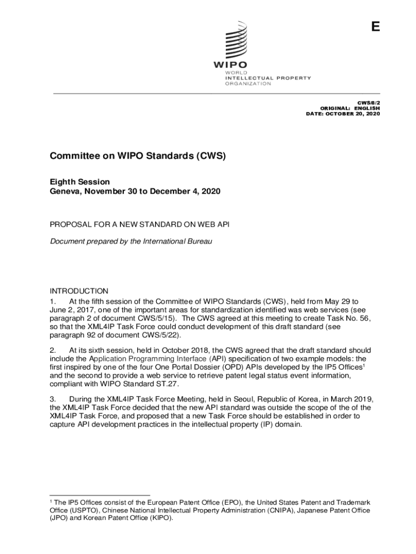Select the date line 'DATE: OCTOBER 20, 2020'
[x=343, y=115]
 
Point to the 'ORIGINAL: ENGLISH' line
[x=350, y=108]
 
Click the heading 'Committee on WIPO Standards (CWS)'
[x=137, y=156]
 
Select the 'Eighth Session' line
[x=80, y=182]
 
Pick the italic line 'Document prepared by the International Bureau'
[x=131, y=241]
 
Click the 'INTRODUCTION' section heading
[x=79, y=291]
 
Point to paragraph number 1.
[x=52, y=301]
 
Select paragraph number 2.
[x=52, y=350]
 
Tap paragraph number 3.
[x=52, y=399]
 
